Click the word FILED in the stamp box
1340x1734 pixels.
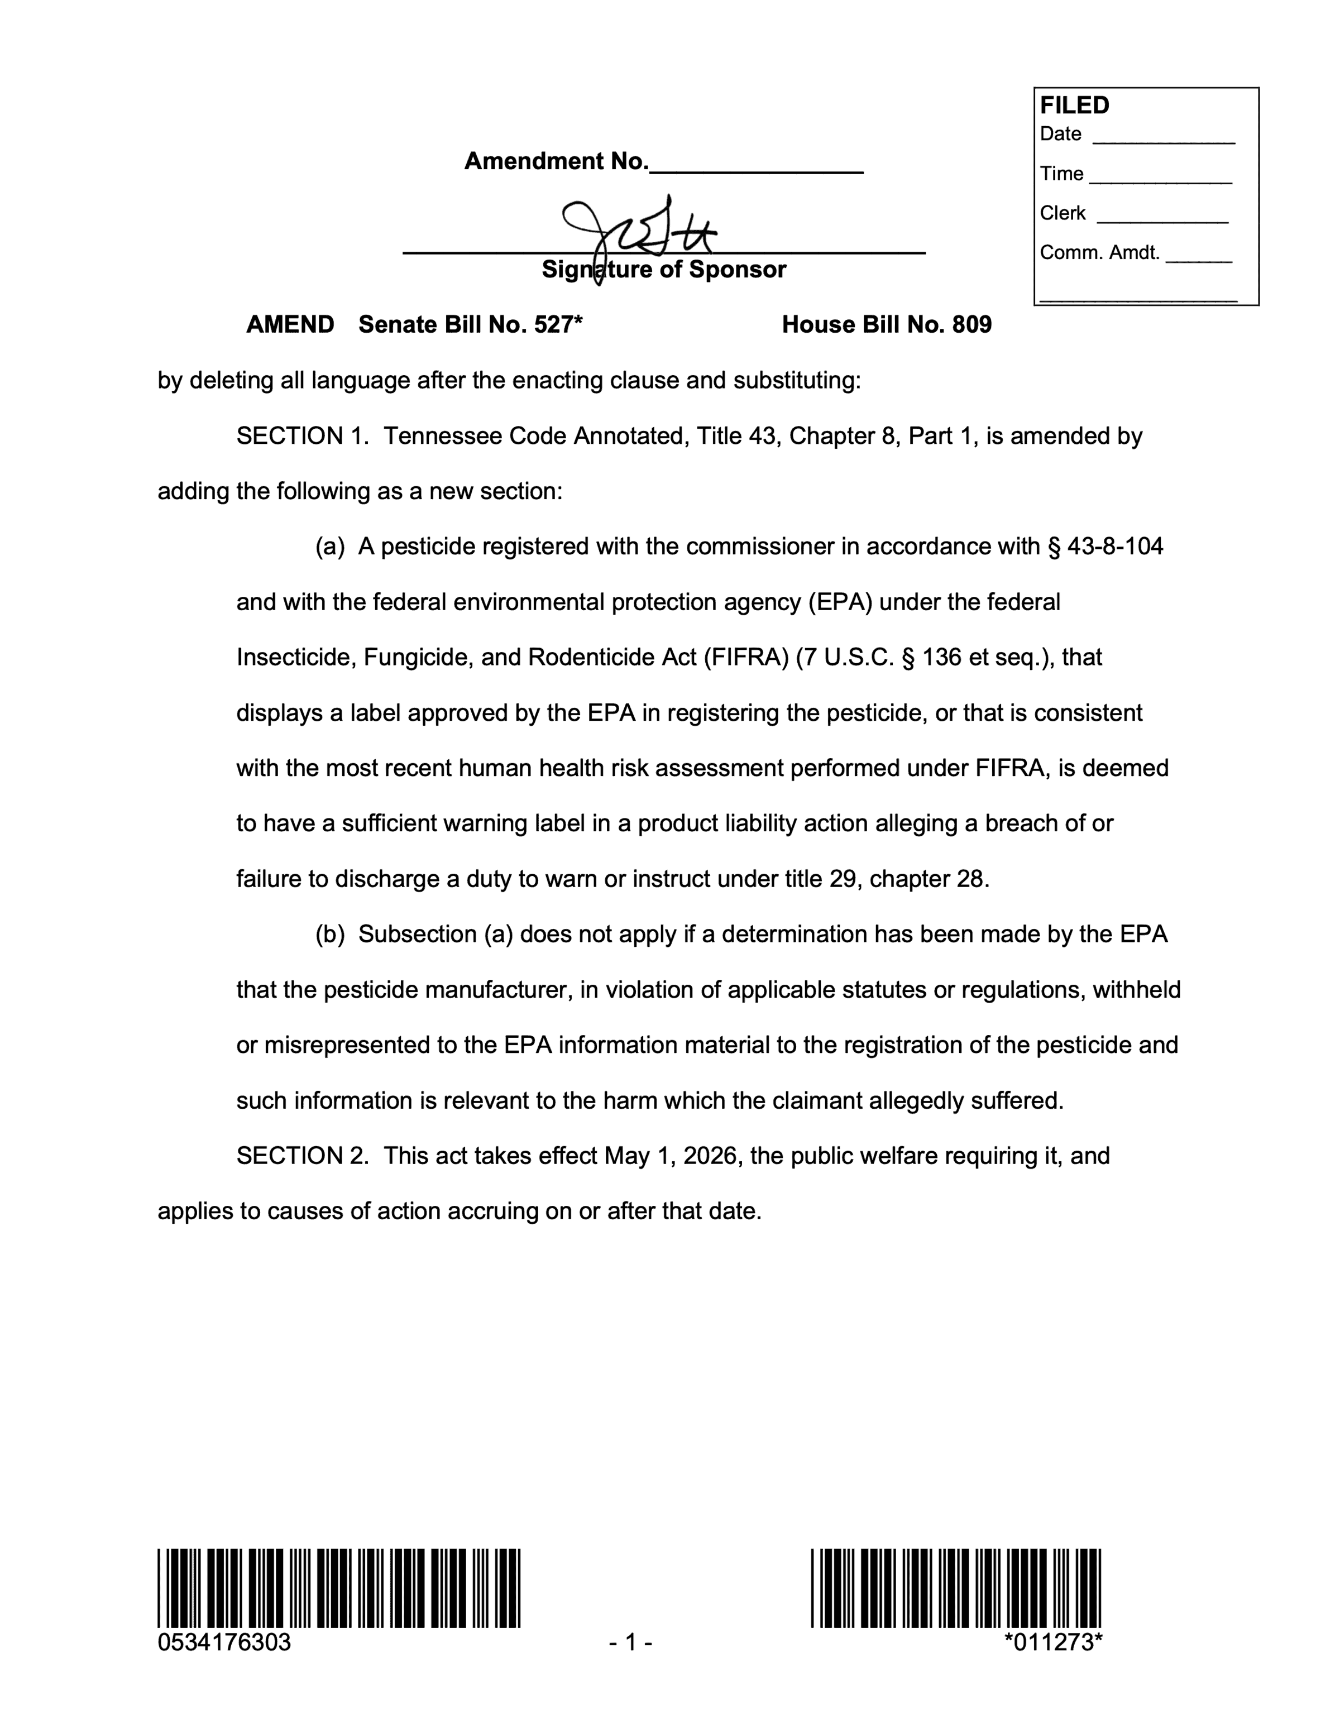coord(1074,106)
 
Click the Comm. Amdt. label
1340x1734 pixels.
coord(1099,253)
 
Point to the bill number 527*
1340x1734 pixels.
coord(559,325)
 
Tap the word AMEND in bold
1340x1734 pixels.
coord(290,325)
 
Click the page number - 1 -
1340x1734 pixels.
coord(630,1642)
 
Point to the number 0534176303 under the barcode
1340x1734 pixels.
coord(224,1642)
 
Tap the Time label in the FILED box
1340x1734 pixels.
coord(1061,174)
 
